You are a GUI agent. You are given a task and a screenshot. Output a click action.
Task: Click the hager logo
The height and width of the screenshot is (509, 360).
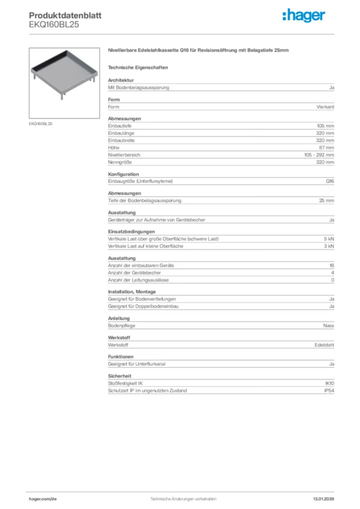(304, 16)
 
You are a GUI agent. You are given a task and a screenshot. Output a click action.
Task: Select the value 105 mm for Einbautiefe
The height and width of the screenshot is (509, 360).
(326, 126)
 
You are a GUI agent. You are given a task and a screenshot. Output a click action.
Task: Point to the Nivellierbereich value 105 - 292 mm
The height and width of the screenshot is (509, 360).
(319, 155)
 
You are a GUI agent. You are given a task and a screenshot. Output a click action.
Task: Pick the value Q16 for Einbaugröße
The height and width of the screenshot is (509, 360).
(330, 181)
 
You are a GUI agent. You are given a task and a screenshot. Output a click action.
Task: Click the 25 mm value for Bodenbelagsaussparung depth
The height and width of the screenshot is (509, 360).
(326, 201)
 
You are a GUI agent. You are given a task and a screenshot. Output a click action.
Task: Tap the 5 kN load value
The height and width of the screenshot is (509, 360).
(329, 239)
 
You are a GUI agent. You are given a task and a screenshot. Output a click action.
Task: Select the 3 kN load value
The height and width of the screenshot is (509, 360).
(329, 246)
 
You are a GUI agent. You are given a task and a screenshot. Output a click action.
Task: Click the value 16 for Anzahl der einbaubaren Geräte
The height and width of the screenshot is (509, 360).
(331, 265)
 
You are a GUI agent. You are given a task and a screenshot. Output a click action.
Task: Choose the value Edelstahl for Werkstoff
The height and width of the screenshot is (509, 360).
(325, 345)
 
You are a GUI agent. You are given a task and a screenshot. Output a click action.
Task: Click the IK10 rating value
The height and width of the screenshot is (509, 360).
(329, 384)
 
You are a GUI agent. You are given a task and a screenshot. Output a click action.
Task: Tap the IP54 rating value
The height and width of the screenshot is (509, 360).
(329, 391)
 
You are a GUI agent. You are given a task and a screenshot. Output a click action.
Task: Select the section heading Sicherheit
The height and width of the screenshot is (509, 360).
(119, 376)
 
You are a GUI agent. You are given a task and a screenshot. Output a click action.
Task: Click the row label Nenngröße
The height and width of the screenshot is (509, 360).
(118, 162)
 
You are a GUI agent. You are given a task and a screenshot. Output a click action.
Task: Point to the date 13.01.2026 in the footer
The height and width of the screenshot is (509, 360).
(323, 499)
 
